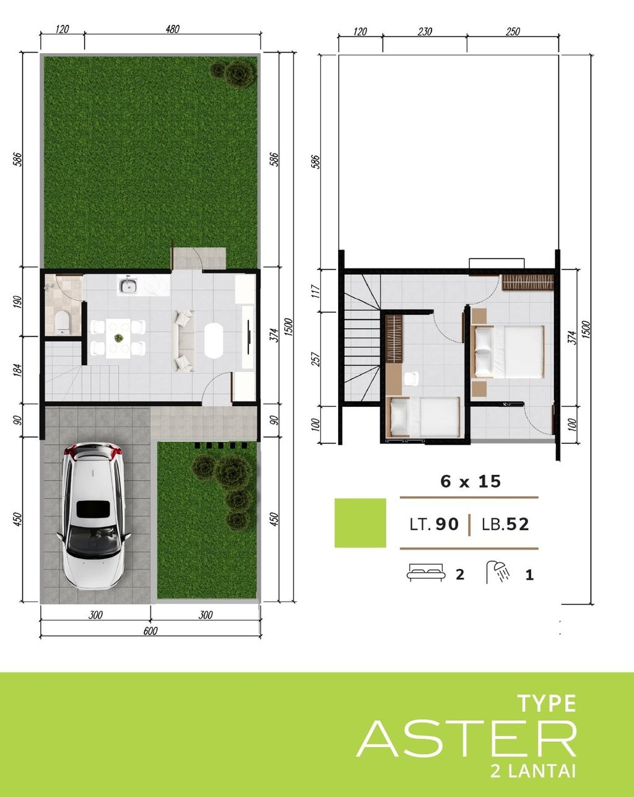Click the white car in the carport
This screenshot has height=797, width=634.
click(x=93, y=515)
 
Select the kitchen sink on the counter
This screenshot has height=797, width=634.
click(x=128, y=286)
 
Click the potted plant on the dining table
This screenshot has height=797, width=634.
click(x=117, y=338)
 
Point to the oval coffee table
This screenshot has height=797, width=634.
click(x=215, y=340)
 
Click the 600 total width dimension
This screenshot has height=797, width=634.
click(x=150, y=631)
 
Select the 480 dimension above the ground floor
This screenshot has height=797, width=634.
click(x=172, y=28)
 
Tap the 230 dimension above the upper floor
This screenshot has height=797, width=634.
click(x=425, y=32)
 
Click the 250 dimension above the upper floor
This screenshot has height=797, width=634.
click(x=513, y=32)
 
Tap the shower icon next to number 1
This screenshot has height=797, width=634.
click(x=498, y=572)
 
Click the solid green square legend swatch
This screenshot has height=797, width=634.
click(x=360, y=523)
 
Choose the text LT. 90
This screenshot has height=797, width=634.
click(x=434, y=525)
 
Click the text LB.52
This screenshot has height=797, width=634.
click(x=506, y=525)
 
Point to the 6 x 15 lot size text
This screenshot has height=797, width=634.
click(x=471, y=481)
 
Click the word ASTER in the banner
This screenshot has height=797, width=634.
click(x=466, y=739)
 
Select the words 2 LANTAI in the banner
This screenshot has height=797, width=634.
click(x=531, y=772)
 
